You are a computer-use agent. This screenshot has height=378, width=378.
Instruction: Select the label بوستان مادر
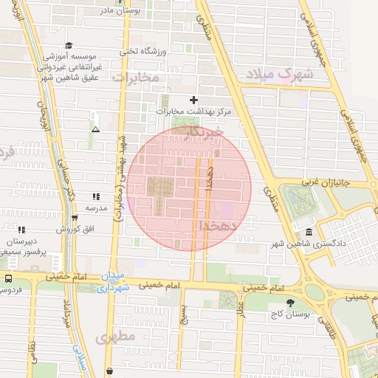click(x=120, y=10)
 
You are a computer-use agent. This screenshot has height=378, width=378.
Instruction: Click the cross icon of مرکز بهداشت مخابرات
click(x=194, y=99)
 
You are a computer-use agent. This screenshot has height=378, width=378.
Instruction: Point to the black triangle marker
click(x=95, y=129)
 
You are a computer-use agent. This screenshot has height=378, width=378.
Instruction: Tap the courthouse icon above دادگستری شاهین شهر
click(x=308, y=233)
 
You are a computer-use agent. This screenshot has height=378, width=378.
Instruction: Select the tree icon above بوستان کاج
click(x=289, y=303)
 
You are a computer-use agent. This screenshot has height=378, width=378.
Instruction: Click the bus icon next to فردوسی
click(x=8, y=279)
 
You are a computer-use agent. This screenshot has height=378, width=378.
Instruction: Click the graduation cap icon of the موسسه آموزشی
click(x=69, y=44)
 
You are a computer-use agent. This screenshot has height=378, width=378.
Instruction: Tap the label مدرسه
click(x=95, y=207)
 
